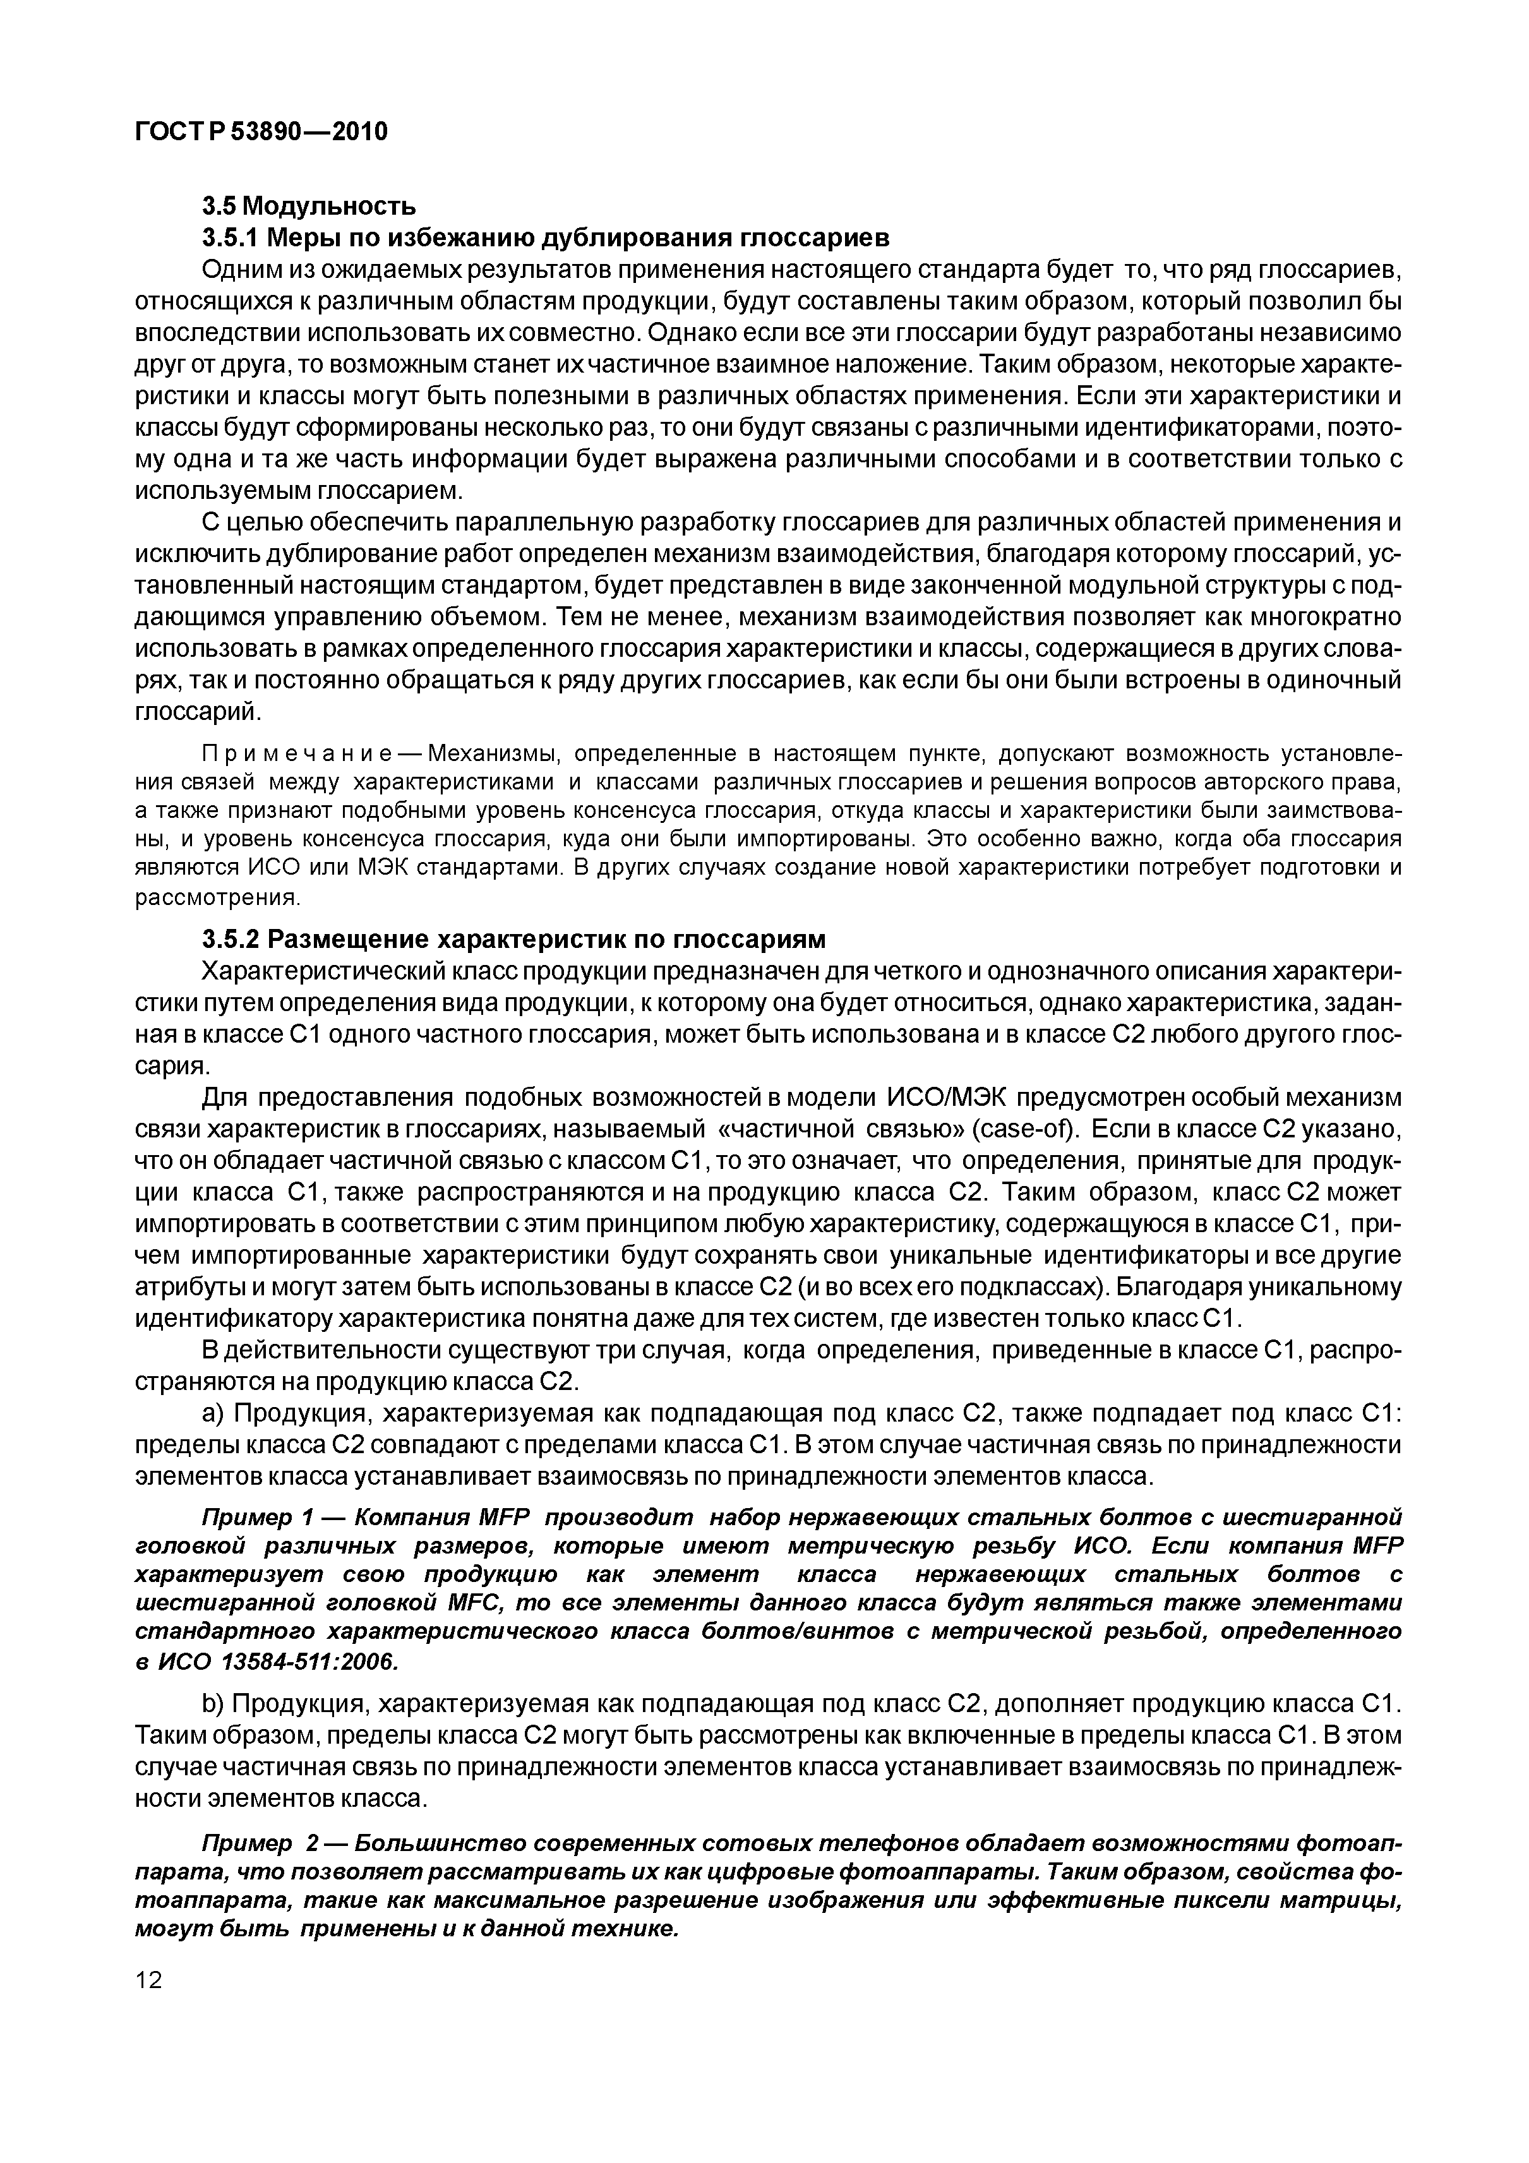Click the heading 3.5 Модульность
tap(309, 205)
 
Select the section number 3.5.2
tap(231, 939)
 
